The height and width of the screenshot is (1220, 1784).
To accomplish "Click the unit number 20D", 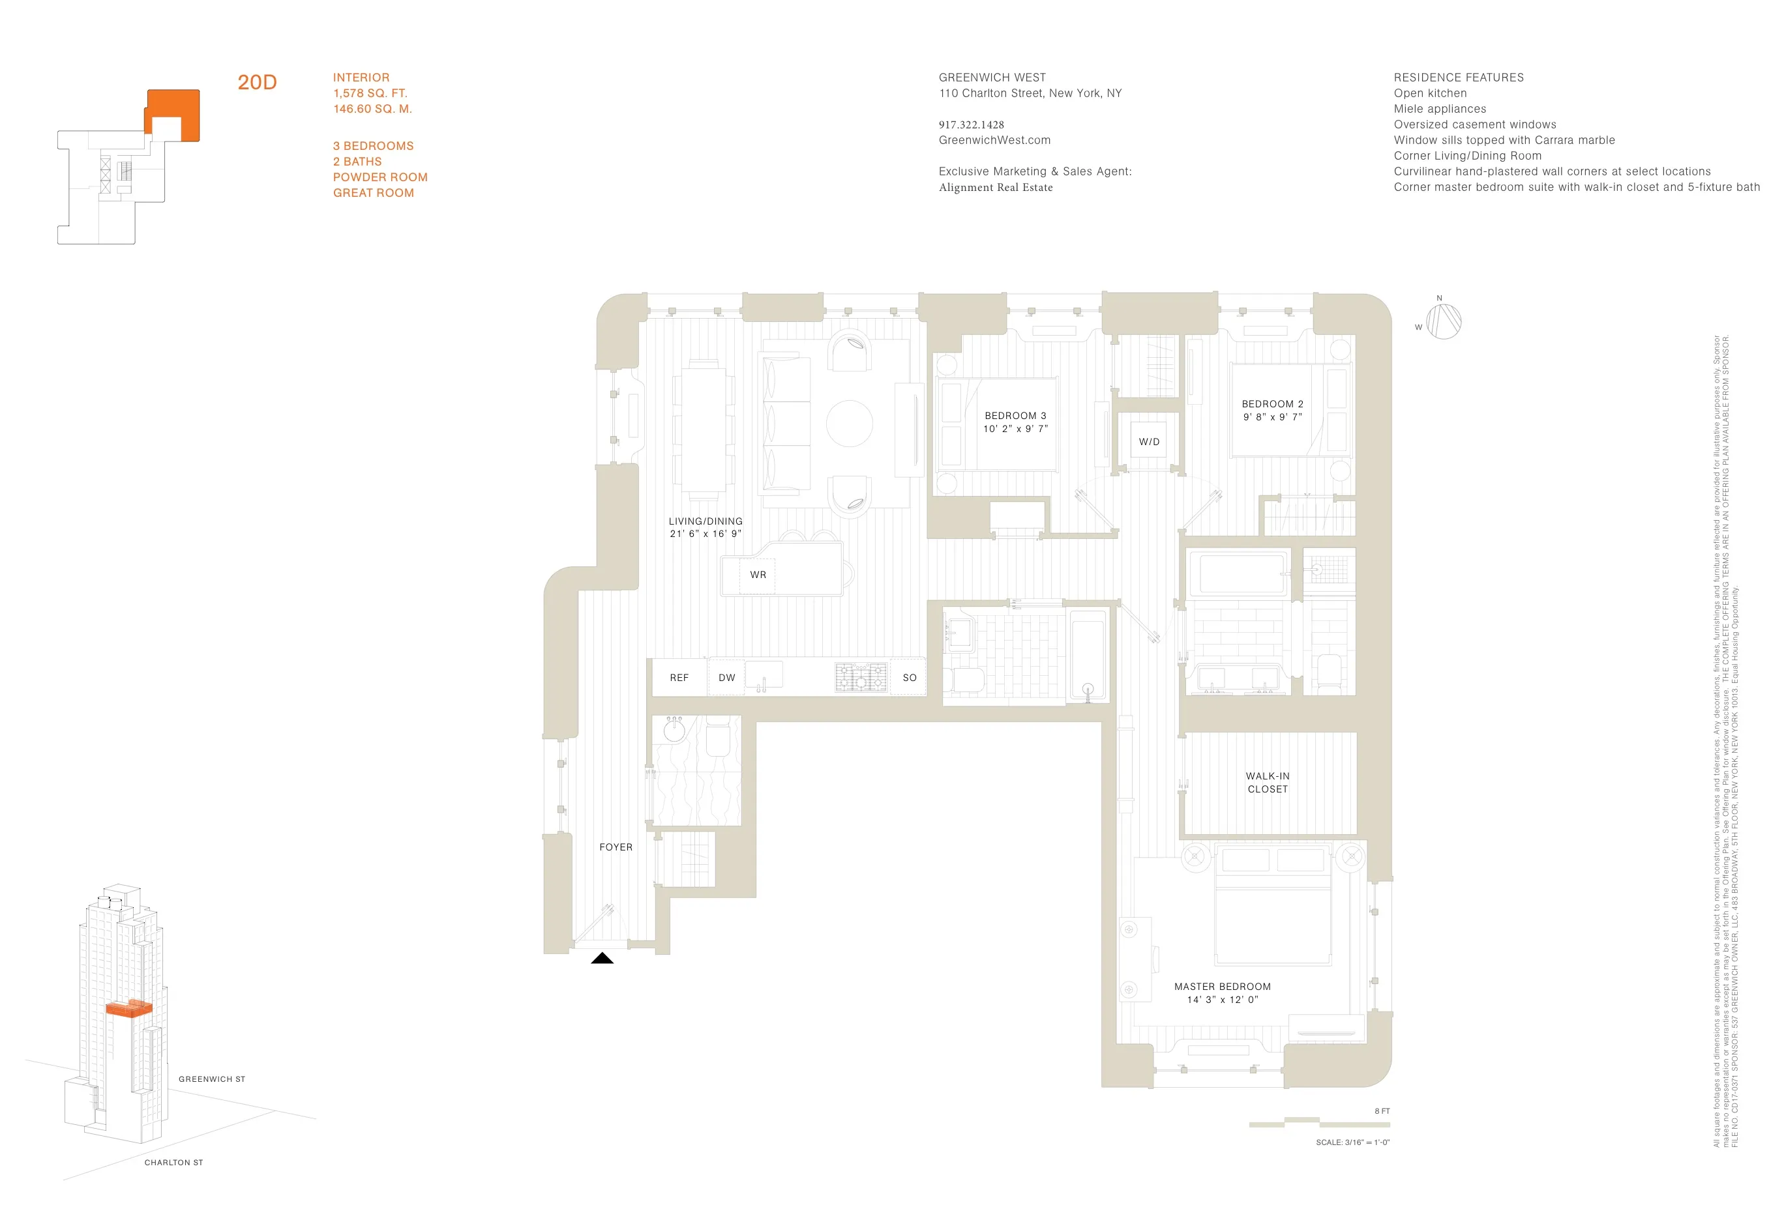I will tap(256, 82).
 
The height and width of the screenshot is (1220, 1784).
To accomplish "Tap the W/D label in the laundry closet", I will tap(1148, 442).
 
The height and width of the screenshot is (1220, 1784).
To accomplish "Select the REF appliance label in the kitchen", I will tap(679, 678).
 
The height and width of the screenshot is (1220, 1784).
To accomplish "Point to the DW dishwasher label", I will tap(726, 678).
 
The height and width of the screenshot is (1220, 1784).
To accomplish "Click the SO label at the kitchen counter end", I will tap(909, 678).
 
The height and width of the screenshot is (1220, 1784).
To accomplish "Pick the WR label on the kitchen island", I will tap(758, 575).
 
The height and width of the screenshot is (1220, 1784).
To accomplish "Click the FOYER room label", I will tap(616, 847).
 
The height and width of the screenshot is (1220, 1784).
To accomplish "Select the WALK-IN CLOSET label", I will tap(1268, 783).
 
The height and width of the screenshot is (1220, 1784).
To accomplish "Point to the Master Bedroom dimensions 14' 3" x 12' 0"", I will tap(1222, 1000).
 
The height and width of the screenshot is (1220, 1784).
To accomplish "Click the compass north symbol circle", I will tap(1443, 321).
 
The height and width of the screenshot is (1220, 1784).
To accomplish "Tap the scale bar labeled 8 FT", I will tap(1319, 1124).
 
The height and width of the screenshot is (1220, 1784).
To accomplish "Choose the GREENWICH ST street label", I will tap(212, 1079).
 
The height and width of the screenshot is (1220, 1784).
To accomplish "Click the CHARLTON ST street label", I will tap(173, 1163).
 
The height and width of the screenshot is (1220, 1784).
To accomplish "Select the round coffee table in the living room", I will tap(849, 424).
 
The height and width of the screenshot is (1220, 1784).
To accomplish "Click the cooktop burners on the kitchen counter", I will tap(861, 678).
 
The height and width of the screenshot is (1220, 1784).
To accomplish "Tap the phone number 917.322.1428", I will tap(971, 124).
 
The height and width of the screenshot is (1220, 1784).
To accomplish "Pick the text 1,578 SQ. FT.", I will tap(370, 93).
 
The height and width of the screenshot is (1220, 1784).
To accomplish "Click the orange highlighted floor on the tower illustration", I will tap(128, 1009).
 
